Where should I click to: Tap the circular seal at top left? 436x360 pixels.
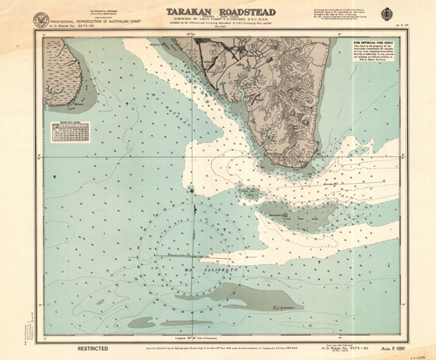pyautogui.click(x=41, y=18)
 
